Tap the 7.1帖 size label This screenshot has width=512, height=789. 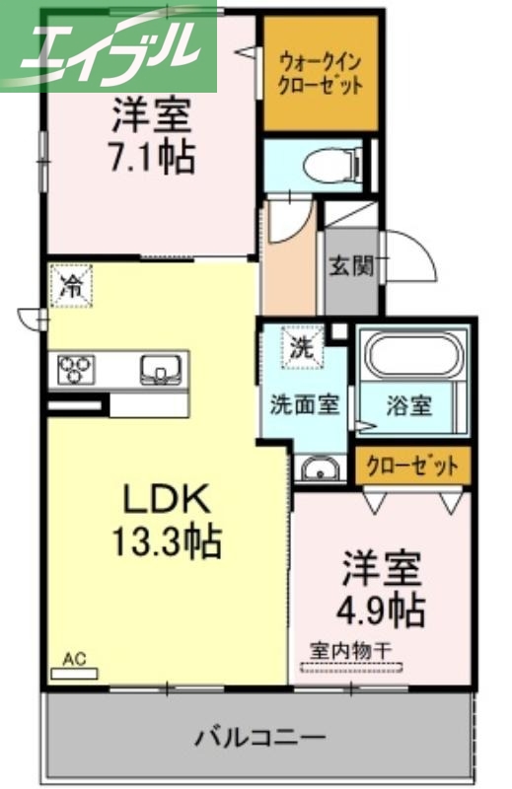[x=150, y=158]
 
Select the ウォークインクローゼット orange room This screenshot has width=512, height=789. [x=321, y=75]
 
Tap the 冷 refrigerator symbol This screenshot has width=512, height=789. [x=71, y=286]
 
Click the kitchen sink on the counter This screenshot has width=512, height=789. [x=159, y=370]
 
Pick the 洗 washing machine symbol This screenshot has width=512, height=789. [x=301, y=346]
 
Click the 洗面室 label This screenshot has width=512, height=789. [x=306, y=405]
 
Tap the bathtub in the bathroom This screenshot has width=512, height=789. [x=411, y=361]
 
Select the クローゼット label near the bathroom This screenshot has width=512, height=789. [x=412, y=466]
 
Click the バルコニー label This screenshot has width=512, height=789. [x=258, y=737]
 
